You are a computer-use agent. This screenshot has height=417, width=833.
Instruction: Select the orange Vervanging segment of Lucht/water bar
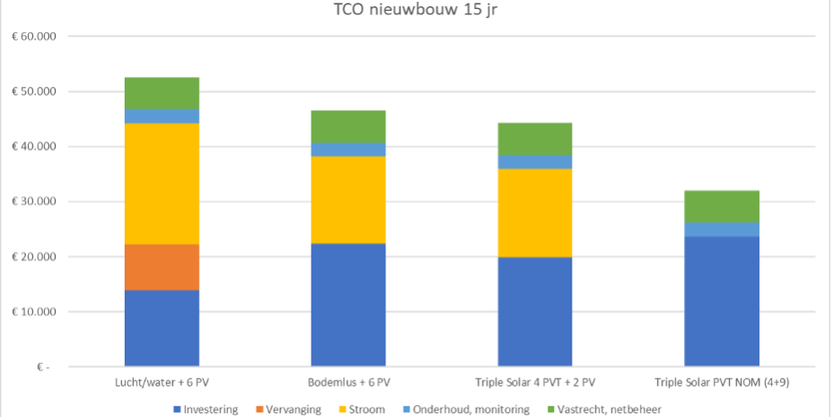(162, 267)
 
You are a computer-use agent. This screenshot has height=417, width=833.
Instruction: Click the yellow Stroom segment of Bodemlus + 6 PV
(348, 200)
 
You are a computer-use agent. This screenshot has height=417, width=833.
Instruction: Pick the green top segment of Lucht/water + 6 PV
(162, 93)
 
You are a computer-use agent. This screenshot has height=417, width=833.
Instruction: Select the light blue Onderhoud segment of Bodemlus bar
(348, 149)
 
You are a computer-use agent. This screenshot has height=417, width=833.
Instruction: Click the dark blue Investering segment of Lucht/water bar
(162, 328)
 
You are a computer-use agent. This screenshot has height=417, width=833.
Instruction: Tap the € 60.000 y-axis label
(34, 37)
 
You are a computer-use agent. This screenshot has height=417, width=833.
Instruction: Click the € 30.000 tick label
(34, 202)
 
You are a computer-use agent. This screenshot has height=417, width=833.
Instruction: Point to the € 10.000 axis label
(34, 312)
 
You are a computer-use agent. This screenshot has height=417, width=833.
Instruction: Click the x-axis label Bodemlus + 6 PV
(348, 382)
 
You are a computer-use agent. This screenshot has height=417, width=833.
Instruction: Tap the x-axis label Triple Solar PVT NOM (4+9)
(722, 382)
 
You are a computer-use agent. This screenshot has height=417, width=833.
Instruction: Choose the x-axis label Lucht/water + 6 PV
(162, 382)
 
